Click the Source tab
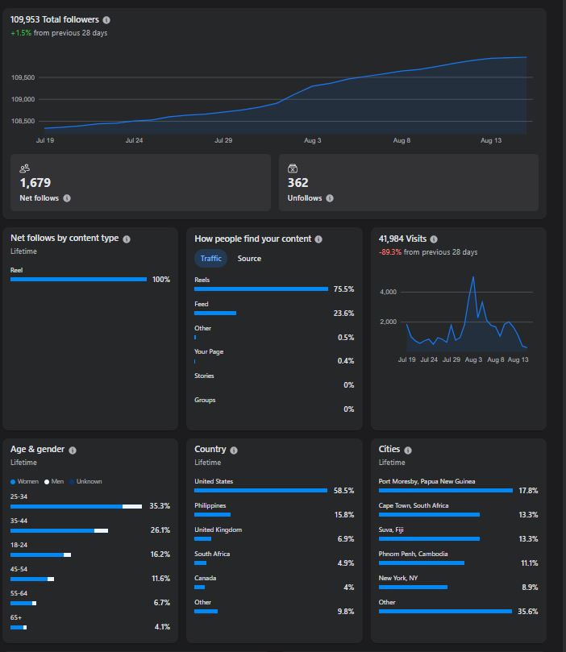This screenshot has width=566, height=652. [x=249, y=258]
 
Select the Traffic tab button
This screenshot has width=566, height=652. [x=211, y=258]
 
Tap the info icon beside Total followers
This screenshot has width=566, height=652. [x=106, y=20]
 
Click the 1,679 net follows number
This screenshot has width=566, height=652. [x=35, y=182]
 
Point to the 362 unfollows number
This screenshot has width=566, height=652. [x=298, y=182]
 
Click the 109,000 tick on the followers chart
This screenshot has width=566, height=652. [x=23, y=99]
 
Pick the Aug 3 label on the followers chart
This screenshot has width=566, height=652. [x=312, y=140]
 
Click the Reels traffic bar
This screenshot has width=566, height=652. [x=261, y=289]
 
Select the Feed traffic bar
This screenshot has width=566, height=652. [x=215, y=313]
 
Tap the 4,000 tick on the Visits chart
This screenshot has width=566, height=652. [x=388, y=292]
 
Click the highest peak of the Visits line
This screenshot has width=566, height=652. [x=472, y=276]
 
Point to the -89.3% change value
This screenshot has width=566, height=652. [x=390, y=252]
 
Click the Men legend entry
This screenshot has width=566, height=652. [x=54, y=481]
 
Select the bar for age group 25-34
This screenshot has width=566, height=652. [x=76, y=506]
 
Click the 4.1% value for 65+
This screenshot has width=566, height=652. [x=162, y=627]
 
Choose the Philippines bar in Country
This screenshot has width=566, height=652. [x=213, y=514]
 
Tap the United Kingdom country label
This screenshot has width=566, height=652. [x=218, y=529]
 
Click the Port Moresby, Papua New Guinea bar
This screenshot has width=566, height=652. [x=445, y=490]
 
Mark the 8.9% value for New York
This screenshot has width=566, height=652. [x=530, y=588]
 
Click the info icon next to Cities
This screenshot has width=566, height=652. [x=408, y=451]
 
